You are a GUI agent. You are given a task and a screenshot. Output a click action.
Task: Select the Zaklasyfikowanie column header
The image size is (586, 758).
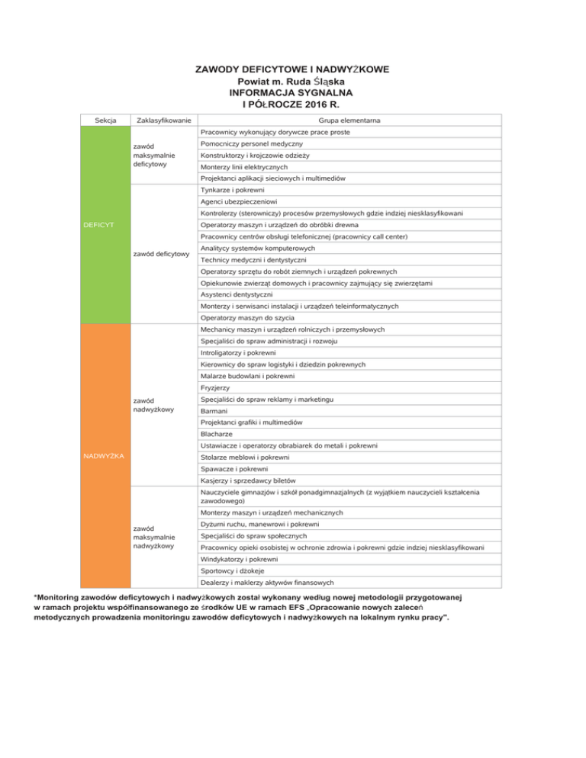163,120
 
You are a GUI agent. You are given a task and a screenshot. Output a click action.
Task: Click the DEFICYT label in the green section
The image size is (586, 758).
99,225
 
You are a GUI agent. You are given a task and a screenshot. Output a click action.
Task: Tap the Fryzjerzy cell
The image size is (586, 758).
214,387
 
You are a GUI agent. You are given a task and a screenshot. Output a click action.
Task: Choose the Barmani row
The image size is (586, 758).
213,411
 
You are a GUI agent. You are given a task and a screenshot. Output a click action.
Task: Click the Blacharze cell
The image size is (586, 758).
216,433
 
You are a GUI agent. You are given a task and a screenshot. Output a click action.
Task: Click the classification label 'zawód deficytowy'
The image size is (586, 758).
161,253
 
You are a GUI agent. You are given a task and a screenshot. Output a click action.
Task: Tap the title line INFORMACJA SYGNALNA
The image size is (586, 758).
292,92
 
